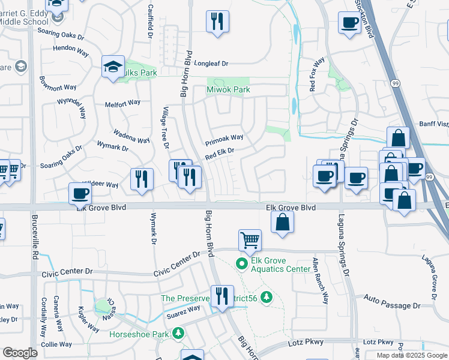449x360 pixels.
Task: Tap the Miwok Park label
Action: [228, 89]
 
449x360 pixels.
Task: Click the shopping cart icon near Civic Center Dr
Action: [250, 241]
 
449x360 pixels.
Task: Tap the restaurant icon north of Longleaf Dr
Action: [217, 22]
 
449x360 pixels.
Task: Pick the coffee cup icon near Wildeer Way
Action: [80, 194]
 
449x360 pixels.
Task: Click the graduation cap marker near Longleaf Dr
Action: [112, 68]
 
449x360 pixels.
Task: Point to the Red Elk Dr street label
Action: [219, 154]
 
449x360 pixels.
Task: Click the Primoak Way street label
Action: [224, 140]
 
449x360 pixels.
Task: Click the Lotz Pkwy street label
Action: [307, 343]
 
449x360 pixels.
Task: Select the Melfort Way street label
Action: [122, 103]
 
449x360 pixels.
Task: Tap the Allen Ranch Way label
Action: [320, 280]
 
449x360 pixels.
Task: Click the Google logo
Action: [20, 353]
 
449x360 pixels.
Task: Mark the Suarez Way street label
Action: [184, 310]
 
